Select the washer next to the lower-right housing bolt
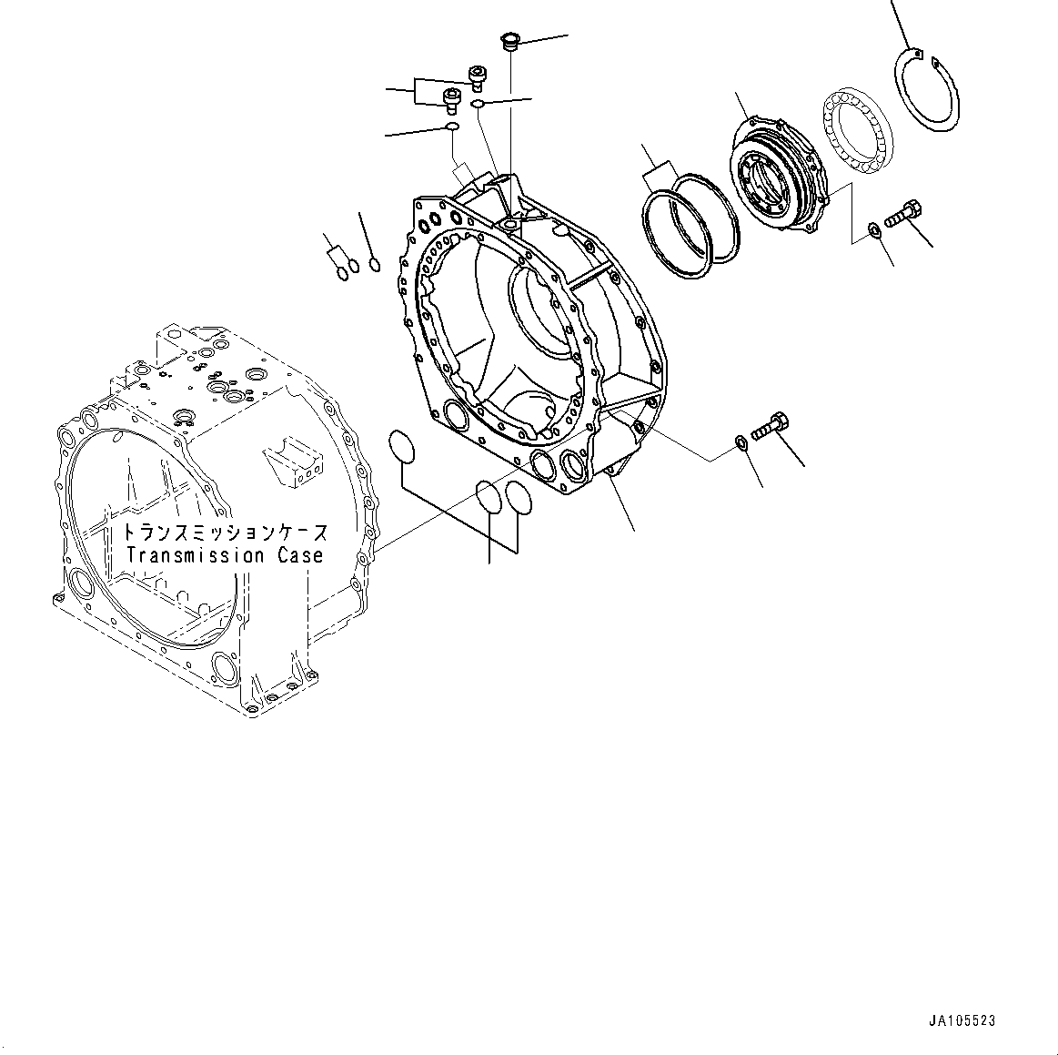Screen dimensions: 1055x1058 (741, 443)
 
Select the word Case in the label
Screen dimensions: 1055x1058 (301, 555)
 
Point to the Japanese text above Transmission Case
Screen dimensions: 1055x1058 (225, 533)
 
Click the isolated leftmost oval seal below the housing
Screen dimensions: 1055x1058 (401, 446)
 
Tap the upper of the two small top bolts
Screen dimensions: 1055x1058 (476, 76)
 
